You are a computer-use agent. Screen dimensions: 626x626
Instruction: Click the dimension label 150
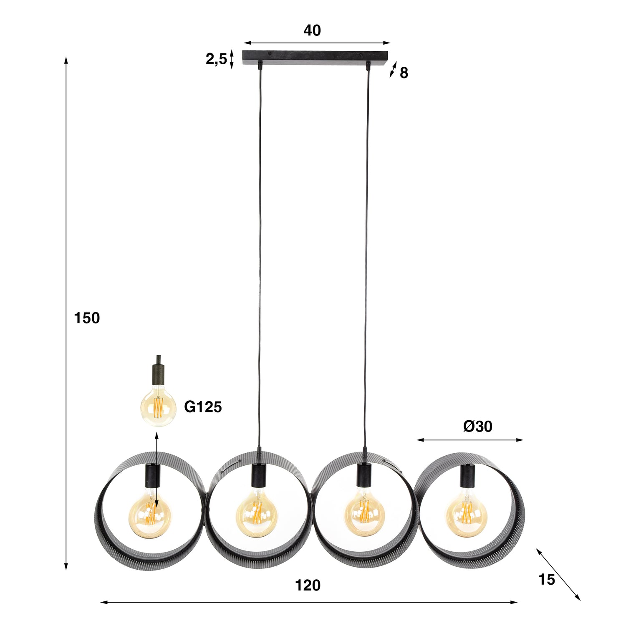tap(87, 318)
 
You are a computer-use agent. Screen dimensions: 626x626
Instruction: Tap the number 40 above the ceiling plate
tap(312, 30)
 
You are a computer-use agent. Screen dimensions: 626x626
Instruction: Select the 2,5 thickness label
tap(216, 59)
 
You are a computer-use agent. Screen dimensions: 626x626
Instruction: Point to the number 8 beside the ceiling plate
tap(404, 73)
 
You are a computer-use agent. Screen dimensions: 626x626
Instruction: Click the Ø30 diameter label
tap(477, 426)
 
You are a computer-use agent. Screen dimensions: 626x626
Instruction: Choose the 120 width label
tap(308, 586)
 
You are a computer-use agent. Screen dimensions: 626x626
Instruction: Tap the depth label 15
tap(546, 580)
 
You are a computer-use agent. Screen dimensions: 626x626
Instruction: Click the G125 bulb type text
tap(203, 406)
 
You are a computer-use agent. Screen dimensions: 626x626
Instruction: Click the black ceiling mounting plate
tap(315, 57)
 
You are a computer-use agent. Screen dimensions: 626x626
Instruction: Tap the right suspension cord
tap(367, 250)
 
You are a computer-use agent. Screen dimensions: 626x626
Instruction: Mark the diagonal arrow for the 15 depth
tap(558, 574)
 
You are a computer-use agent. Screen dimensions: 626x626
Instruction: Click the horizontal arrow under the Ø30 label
tap(469, 440)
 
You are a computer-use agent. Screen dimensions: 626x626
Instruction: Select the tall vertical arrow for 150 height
tap(66, 313)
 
